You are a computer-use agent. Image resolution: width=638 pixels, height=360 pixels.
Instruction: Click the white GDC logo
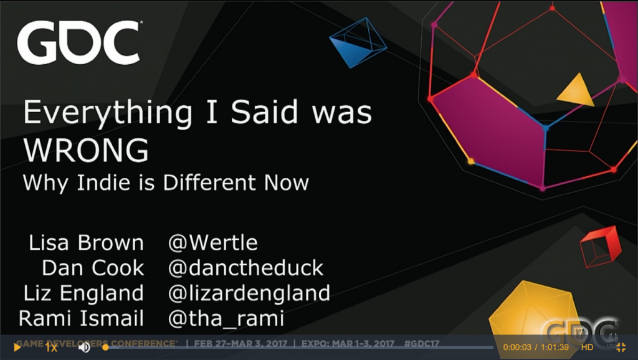79,43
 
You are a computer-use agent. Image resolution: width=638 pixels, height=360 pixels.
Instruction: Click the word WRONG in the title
86,150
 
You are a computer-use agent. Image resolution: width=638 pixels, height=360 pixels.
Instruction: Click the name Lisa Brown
86,243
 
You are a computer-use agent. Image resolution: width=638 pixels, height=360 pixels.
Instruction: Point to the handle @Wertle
213,243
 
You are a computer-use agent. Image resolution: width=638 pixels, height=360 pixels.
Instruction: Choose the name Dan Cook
93,268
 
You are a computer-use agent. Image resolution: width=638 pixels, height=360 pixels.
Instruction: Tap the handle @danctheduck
245,268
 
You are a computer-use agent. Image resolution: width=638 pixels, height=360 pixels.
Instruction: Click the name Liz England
83,293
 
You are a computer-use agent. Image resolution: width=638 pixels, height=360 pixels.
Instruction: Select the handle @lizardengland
249,293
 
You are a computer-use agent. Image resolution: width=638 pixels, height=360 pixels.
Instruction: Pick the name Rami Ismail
81,318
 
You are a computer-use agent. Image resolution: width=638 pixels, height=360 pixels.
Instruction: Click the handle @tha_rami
226,318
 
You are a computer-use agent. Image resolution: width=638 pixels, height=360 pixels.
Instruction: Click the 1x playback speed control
51,348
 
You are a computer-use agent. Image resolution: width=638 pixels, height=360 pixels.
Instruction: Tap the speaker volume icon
84,348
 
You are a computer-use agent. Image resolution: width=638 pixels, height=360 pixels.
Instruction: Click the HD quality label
587,347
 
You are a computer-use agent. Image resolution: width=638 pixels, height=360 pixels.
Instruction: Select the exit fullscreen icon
621,347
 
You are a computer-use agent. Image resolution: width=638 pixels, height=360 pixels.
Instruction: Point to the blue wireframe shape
358,42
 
